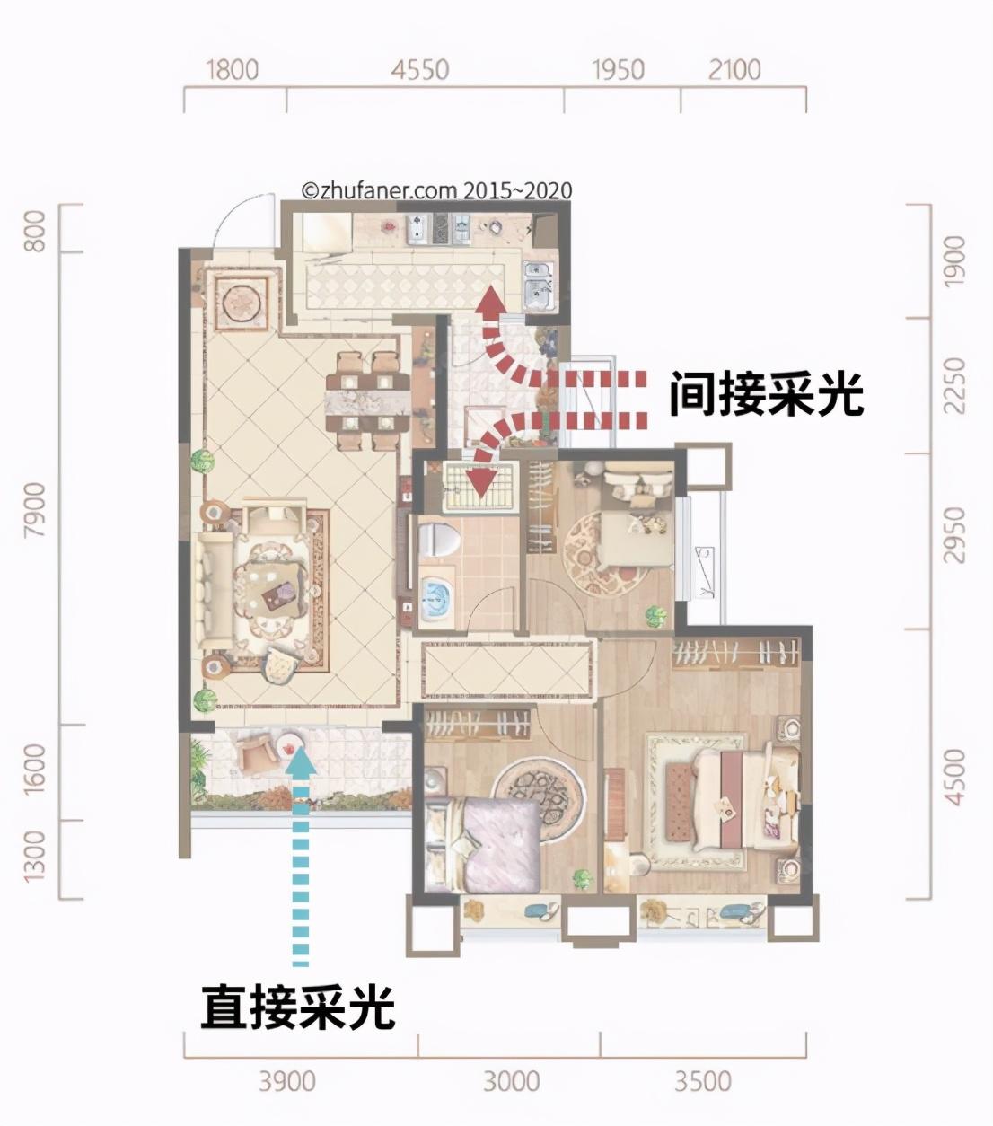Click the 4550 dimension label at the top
(420, 69)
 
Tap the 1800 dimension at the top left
(232, 69)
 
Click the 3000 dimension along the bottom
(511, 1080)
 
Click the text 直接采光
(297, 1007)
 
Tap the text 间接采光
(766, 394)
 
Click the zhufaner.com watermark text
(436, 190)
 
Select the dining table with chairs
(367, 400)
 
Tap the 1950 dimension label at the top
(619, 69)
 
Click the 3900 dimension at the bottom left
(287, 1080)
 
